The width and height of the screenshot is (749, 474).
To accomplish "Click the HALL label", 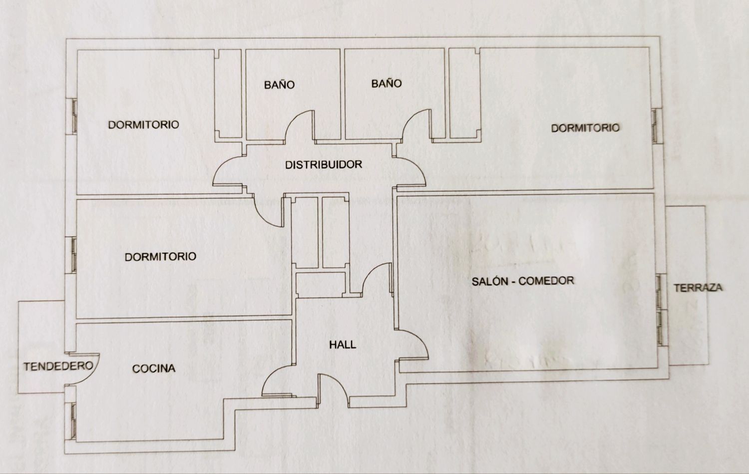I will pos(343,344).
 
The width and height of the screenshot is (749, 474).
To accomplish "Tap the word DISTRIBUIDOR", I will pos(323,164).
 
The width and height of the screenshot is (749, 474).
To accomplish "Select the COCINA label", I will pos(154,369).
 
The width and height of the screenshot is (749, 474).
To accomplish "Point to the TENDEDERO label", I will pos(58,366).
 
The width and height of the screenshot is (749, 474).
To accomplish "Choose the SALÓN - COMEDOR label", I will pos(523,281).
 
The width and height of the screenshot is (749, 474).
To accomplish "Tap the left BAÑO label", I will pos(279,84).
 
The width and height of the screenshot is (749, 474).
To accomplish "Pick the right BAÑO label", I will pos(386,83).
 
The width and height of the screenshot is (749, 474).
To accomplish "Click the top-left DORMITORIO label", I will pos(143,124).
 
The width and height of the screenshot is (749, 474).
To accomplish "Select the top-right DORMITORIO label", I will pos(585,128).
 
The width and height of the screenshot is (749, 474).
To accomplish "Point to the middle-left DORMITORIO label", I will pos(160,257).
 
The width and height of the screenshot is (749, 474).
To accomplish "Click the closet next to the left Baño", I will pos(228,93).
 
